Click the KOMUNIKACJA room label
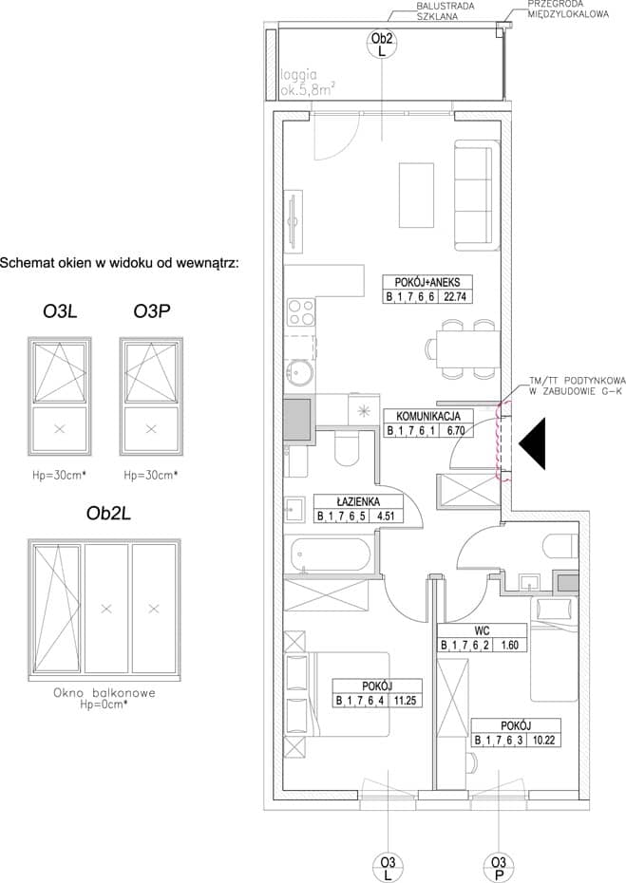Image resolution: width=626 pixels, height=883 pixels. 428,416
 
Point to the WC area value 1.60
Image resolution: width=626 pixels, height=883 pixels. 509,646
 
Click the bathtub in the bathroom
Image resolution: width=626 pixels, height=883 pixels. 331,555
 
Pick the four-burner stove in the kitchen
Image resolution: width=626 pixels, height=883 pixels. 301,312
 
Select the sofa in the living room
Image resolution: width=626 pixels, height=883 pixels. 477,195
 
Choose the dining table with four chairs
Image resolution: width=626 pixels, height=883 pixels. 463,348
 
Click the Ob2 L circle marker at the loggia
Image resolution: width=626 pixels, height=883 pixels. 382,44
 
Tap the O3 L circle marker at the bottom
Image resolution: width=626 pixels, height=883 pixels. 388,868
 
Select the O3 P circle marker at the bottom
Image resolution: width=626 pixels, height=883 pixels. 498,868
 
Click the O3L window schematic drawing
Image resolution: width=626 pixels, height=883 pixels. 60,397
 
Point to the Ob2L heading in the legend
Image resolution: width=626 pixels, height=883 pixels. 108,514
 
